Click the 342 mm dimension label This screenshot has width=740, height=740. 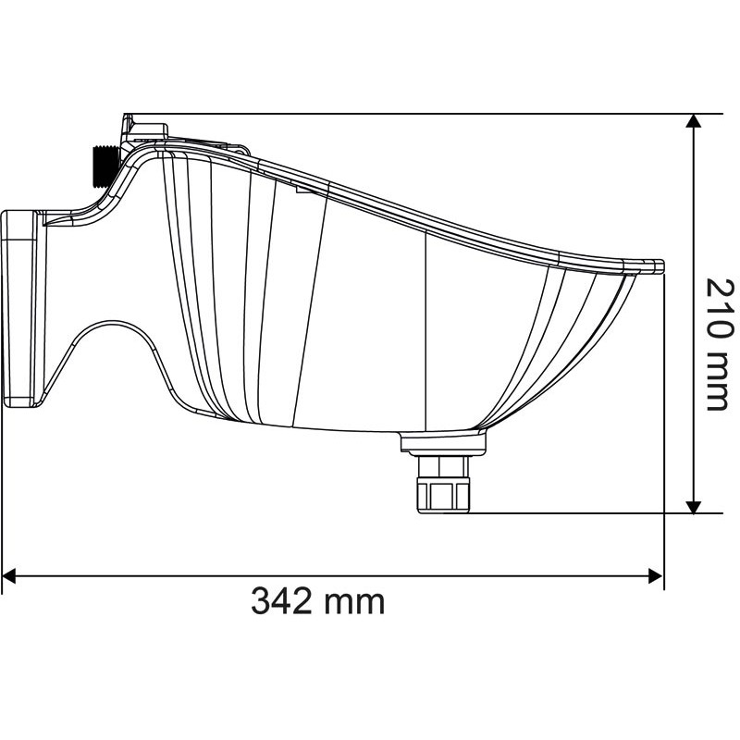pos(317,601)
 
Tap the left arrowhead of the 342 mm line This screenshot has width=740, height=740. pos(9,575)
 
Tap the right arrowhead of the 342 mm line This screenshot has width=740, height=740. pos(656,575)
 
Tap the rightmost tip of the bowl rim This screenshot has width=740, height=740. pos(660,265)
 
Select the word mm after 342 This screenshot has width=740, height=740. pos(356,603)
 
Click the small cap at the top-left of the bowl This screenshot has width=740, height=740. pos(144,126)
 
